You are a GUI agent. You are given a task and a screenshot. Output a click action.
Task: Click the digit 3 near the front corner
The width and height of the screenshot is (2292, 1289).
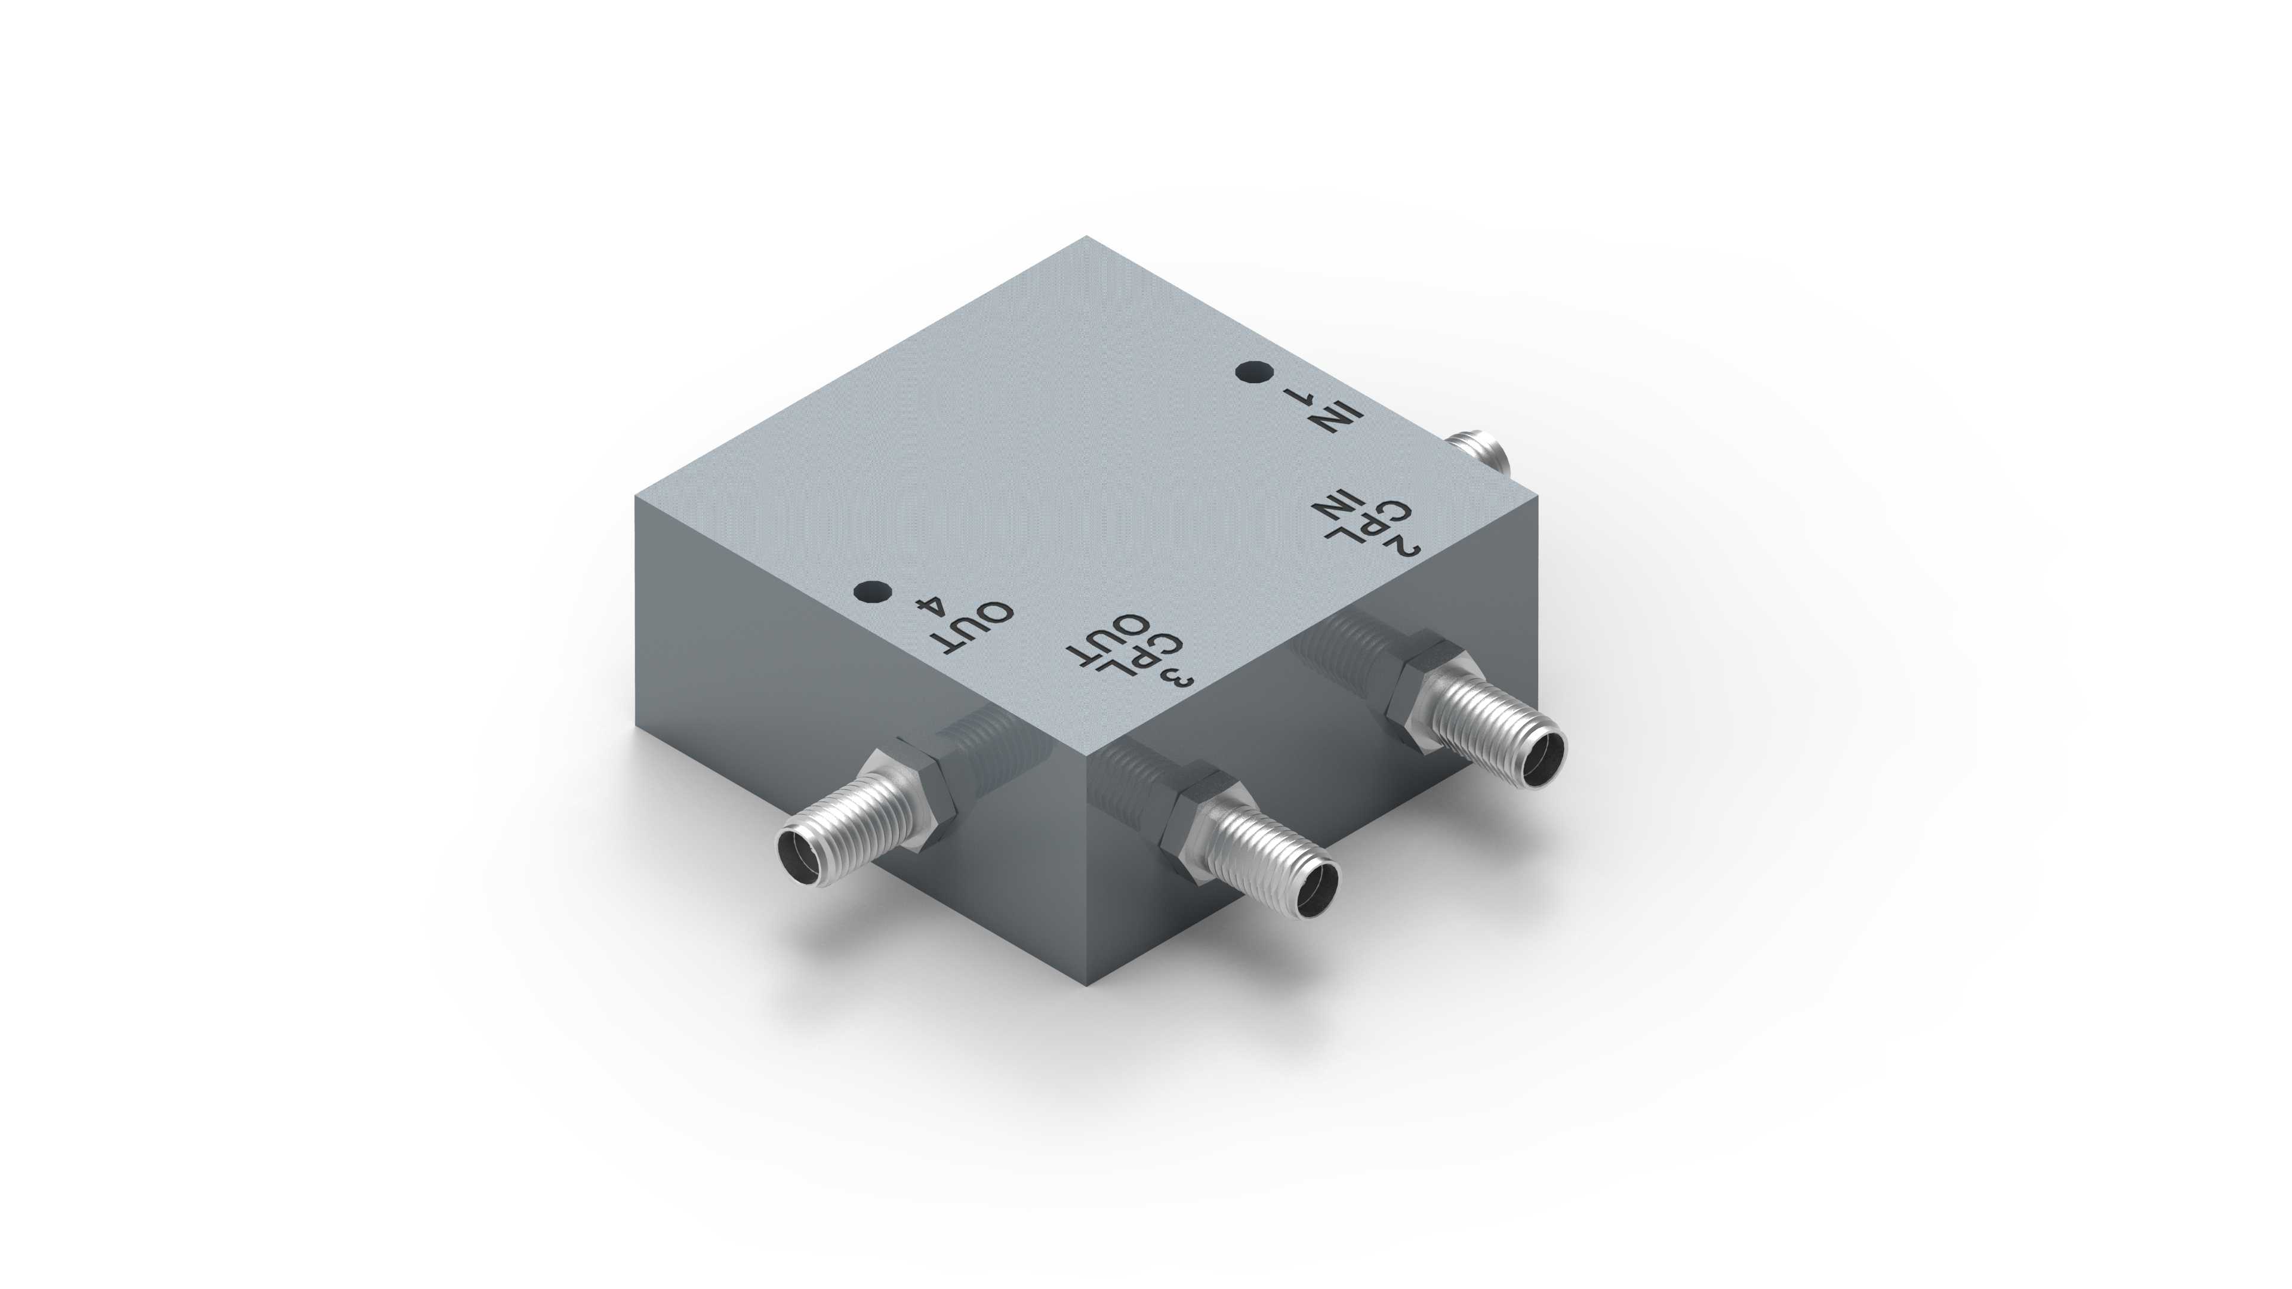[1179, 677]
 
